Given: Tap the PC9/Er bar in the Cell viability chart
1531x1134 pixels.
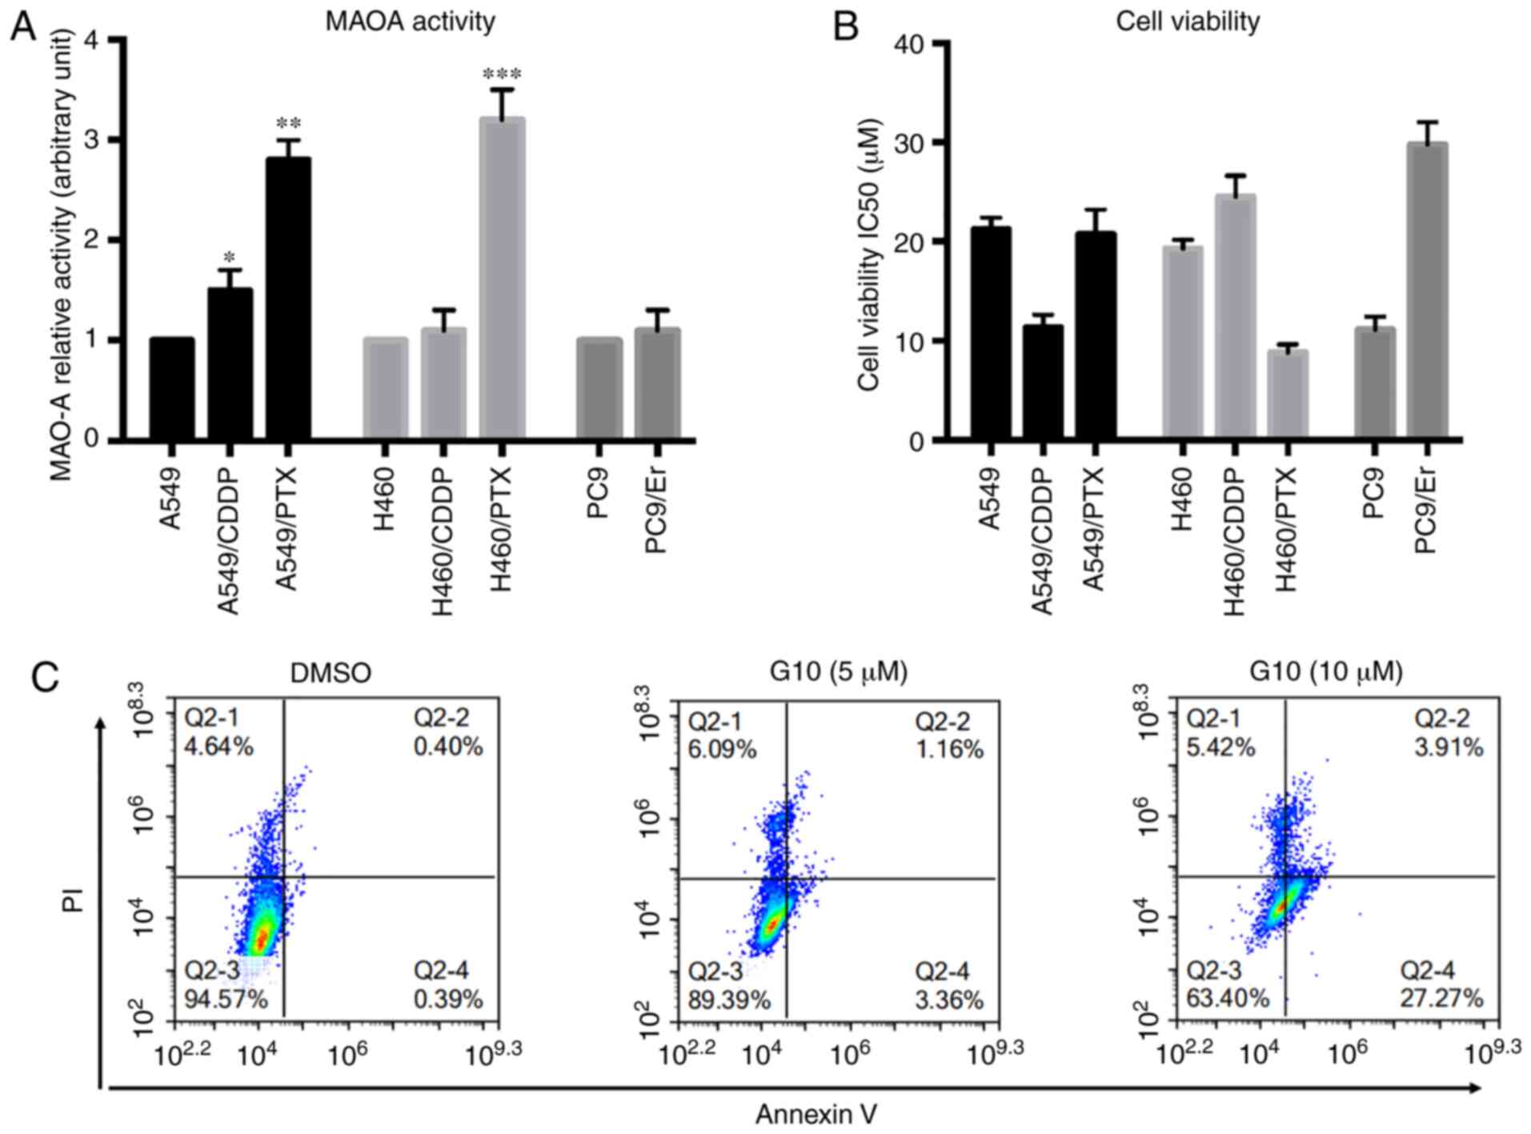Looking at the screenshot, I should tap(1427, 291).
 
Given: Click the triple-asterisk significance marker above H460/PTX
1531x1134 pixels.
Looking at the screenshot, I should tap(502, 75).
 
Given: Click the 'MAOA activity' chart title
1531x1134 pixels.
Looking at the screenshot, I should tap(410, 22).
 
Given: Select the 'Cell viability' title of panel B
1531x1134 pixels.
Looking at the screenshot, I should tap(1188, 22).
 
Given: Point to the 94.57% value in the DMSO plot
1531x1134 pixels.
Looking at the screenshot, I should tap(226, 1000).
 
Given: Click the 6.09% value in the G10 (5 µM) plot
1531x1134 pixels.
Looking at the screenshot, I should tap(722, 749).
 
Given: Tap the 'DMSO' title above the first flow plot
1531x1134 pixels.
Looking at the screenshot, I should tap(331, 673).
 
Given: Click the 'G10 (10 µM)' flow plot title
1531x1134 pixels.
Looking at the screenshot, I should tap(1326, 672).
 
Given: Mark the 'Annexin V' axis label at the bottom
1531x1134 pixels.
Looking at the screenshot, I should tap(816, 1113).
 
